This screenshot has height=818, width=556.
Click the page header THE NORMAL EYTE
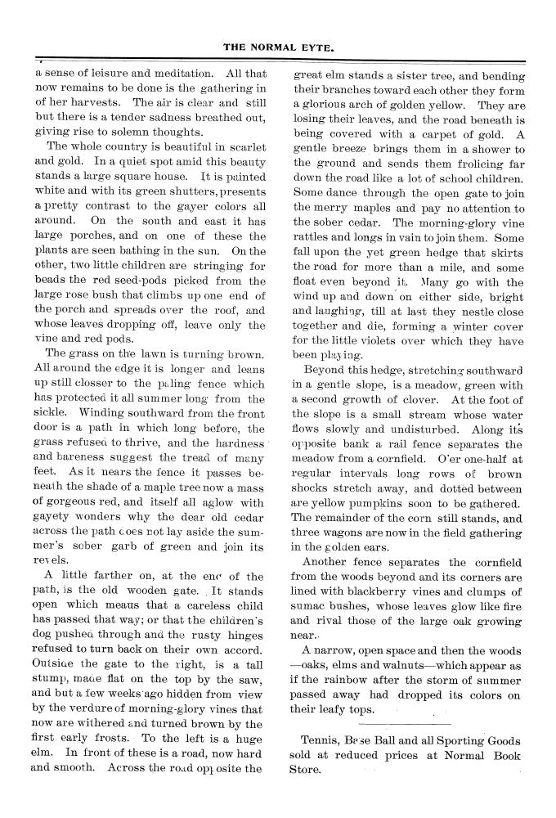pos(278,47)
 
